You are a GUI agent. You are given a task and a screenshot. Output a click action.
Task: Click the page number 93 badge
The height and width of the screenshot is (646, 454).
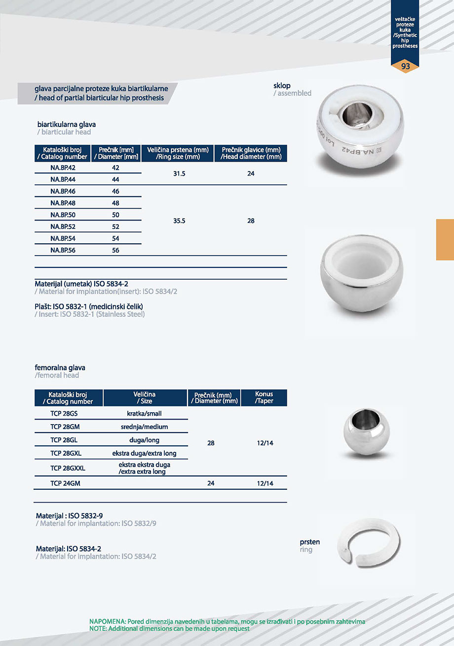405,66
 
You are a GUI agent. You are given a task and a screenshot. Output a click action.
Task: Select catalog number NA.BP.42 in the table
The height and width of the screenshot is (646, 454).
63,168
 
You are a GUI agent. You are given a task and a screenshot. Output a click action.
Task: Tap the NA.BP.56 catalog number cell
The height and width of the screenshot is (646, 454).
63,251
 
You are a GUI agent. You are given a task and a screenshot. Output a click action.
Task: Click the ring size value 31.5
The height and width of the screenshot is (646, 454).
179,174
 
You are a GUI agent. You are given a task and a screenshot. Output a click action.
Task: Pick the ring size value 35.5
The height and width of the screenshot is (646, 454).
179,221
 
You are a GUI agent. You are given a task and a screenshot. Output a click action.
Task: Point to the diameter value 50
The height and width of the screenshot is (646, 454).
116,215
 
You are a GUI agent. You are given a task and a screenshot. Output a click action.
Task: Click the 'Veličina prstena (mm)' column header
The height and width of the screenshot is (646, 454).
178,153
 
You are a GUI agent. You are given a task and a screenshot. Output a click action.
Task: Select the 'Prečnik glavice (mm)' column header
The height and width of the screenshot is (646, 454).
251,153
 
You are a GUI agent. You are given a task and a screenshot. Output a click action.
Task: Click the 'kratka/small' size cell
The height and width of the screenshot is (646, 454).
144,413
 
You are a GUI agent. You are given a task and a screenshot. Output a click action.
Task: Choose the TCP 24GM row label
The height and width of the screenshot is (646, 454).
65,483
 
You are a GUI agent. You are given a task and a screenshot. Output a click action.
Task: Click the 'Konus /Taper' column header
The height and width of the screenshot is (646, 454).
264,397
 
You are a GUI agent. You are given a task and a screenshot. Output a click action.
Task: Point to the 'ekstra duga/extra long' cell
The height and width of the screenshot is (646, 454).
144,453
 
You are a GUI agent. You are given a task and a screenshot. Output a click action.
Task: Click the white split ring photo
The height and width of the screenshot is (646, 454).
369,542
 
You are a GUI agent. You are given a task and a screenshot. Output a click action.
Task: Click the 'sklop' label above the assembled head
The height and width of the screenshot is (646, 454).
282,86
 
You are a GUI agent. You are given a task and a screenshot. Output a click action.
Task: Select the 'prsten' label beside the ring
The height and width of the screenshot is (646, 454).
309,542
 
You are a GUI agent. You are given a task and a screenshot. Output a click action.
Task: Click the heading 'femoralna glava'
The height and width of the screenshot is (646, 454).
60,368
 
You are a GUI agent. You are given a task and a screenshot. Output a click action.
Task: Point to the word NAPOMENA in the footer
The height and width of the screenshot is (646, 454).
107,621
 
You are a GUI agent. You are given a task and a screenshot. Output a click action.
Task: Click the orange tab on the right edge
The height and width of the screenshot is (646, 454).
445,240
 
